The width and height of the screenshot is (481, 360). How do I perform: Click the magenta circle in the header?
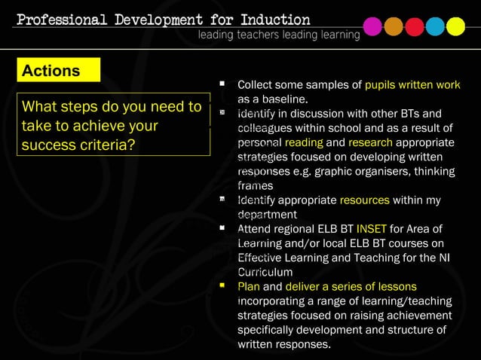point(372,27)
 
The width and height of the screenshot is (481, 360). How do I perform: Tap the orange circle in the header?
point(394,27)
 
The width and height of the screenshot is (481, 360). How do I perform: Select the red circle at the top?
point(415,27)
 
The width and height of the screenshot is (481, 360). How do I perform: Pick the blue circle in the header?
point(435,27)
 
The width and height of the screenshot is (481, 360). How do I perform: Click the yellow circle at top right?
point(455,27)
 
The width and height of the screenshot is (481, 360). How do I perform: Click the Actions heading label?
point(51,71)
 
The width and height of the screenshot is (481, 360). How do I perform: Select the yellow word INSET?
point(371,229)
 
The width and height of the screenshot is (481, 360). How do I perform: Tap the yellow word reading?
point(304,142)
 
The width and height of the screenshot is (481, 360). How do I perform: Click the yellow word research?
point(370,142)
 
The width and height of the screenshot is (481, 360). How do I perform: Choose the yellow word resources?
point(364,200)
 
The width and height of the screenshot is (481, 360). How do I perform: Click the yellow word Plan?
point(248,287)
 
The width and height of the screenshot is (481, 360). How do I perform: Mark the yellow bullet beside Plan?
point(222,286)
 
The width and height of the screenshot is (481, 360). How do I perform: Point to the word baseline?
point(283,99)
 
